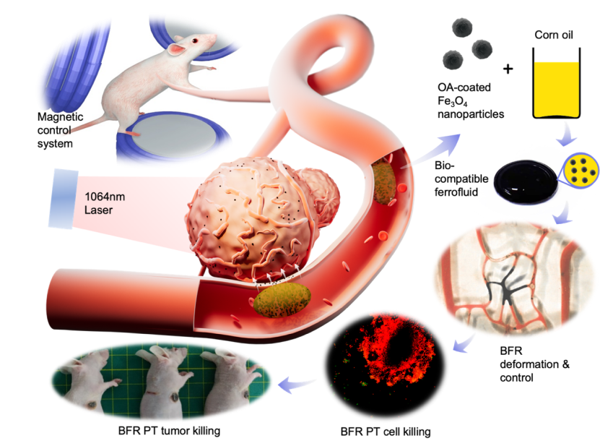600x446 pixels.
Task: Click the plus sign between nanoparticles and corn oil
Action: (x=508, y=69)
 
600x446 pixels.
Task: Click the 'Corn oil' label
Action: (x=557, y=35)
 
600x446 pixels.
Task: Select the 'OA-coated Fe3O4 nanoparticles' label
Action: (x=469, y=100)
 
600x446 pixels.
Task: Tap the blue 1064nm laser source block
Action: (x=62, y=196)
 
